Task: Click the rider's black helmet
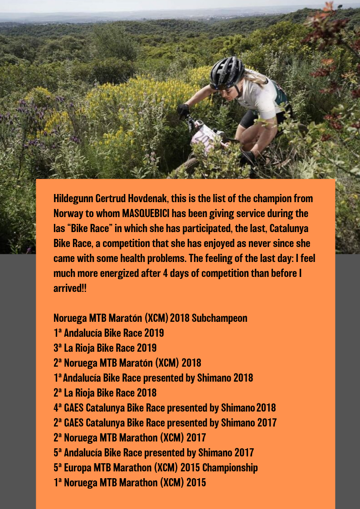227,73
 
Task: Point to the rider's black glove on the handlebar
183,110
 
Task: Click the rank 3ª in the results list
58,348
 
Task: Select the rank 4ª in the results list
58,408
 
